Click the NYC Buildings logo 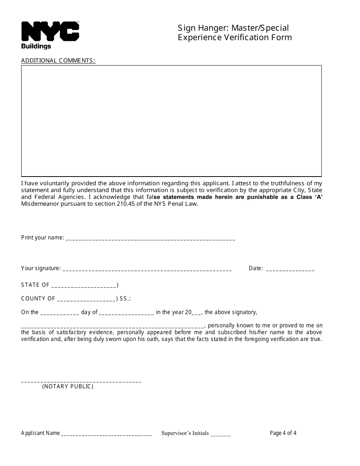point(50,35)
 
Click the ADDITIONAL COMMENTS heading point(58,60)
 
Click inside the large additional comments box point(171,120)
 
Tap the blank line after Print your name point(150,239)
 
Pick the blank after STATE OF point(84,286)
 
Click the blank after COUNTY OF point(86,299)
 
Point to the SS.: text point(125,299)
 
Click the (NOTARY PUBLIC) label point(68,386)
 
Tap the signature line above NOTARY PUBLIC point(81,381)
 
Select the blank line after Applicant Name point(106,434)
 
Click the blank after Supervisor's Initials point(221,435)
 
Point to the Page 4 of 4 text point(283,433)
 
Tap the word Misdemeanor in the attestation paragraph point(39,204)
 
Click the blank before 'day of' point(59,313)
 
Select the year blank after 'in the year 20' point(197,313)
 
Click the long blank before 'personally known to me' point(113,326)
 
